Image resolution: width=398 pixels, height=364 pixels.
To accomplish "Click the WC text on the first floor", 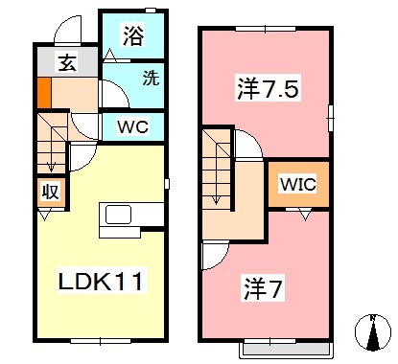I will pos(133,125).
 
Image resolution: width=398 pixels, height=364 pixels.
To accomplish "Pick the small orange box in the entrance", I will pos(43,95).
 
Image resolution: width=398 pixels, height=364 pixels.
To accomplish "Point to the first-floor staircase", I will pos(50,142).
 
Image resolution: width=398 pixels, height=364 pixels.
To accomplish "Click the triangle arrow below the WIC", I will pos(304,216).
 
